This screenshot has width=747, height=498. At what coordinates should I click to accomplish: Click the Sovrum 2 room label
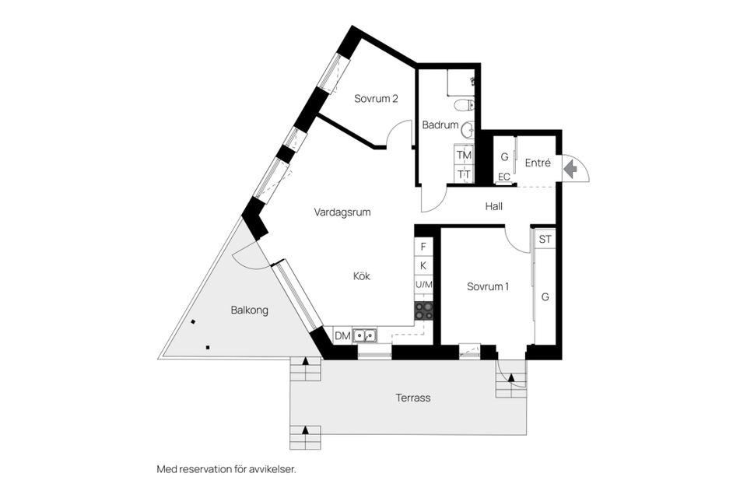[x=376, y=99]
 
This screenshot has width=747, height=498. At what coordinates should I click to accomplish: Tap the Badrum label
[x=440, y=124]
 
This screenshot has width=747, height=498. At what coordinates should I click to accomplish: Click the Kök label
[x=362, y=275]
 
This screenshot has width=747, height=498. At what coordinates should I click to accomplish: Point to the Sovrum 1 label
[x=488, y=286]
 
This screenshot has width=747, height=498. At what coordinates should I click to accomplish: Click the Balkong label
[x=249, y=310]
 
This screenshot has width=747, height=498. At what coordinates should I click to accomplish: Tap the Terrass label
[x=412, y=398]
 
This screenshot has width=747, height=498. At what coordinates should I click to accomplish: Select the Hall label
[x=493, y=206]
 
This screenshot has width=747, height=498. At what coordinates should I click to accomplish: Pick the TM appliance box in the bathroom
[x=464, y=156]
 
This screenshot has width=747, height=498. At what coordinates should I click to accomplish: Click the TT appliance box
[x=464, y=174]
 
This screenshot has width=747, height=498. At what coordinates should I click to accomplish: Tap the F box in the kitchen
[x=423, y=247]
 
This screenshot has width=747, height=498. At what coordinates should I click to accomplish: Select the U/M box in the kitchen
[x=423, y=286]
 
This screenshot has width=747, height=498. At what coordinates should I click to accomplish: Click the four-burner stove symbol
[x=423, y=310]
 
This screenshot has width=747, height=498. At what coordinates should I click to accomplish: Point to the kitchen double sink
[x=365, y=336]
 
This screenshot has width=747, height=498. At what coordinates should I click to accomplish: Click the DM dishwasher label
[x=342, y=336]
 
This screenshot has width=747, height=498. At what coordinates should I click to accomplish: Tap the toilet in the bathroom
[x=464, y=106]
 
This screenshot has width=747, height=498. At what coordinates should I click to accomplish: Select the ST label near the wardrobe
[x=545, y=239]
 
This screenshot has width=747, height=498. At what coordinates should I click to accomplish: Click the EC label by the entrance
[x=503, y=177]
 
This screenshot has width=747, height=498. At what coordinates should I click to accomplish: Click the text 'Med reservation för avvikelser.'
[x=226, y=469]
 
